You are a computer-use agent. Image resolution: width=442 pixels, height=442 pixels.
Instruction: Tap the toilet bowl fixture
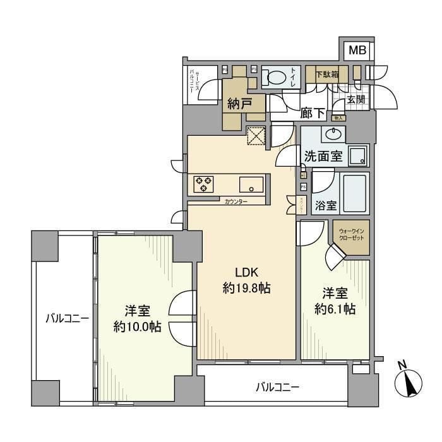276,78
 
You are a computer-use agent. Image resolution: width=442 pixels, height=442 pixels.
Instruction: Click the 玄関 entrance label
355,99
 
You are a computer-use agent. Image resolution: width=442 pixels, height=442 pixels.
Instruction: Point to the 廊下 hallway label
313,114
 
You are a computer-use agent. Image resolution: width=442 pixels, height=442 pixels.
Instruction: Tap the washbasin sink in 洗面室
333,133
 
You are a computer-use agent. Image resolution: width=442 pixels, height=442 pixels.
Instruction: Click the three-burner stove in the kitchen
203,183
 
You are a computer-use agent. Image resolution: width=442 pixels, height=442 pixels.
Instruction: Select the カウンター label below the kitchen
236,201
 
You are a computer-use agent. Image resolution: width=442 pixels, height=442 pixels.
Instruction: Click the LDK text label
246,272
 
